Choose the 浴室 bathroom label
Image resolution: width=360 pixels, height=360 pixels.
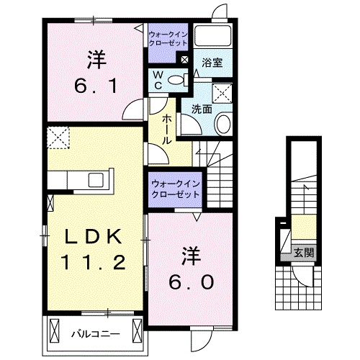[x=212, y=63]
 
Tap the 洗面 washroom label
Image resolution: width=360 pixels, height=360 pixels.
[x=201, y=109]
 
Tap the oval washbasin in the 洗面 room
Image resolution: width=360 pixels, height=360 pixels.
[x=223, y=124]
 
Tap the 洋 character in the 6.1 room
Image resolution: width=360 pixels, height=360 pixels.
[x=94, y=55]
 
